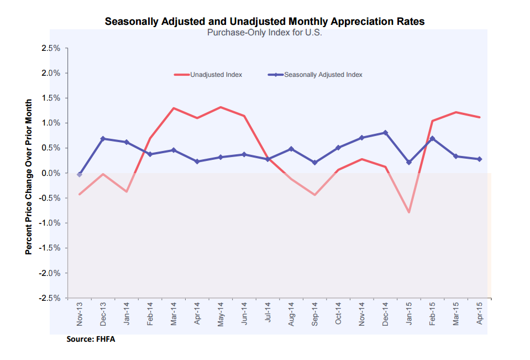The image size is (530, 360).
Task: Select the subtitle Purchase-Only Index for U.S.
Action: tap(264, 33)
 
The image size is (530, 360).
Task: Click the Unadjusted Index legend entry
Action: tap(216, 74)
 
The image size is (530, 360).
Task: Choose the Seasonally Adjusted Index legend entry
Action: tap(323, 74)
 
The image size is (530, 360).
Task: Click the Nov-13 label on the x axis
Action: tap(80, 313)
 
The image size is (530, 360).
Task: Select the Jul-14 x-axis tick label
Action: tap(267, 313)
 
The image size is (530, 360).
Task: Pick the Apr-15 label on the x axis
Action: tap(479, 313)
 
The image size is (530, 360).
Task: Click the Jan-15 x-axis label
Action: tap(409, 313)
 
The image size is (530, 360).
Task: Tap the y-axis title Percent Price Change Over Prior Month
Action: tap(28, 177)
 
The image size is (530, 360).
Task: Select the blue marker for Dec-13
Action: tap(103, 139)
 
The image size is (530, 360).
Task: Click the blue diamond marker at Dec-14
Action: tap(385, 133)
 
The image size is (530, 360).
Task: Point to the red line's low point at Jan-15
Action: tap(409, 212)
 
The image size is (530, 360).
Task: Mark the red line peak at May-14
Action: tap(221, 107)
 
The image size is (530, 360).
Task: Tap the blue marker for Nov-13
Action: tap(80, 175)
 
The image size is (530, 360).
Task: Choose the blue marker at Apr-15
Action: tap(479, 159)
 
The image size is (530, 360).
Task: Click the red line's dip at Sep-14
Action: tap(314, 195)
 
